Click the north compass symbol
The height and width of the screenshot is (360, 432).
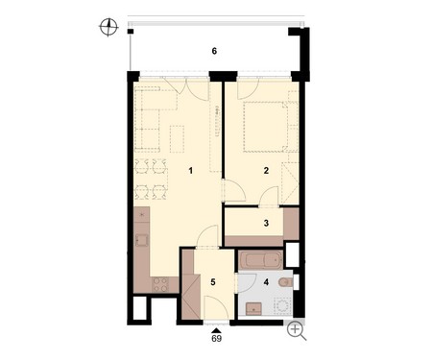pos(108,27)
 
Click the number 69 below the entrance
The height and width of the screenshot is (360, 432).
pos(217,339)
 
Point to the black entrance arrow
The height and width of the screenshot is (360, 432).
pos(217,330)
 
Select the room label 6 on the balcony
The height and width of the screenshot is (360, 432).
pos(214,51)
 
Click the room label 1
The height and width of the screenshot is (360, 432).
pos(191,171)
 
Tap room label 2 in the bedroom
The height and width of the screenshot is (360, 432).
pos(266,171)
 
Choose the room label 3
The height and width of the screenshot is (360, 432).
pos(266,223)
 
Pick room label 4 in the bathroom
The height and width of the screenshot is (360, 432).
pos(266,282)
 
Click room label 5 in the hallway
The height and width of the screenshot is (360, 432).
pos(213,282)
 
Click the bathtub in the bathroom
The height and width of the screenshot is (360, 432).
pos(260,260)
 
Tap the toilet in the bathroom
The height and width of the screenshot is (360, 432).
pos(284,282)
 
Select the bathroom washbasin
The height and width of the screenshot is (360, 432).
pos(253,309)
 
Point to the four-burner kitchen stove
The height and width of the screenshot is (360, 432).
pos(160,284)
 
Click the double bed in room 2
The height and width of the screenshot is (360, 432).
pos(266,127)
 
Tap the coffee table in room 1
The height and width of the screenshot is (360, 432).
pos(177,139)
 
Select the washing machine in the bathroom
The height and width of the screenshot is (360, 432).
pos(282,306)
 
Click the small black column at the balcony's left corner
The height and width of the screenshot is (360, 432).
pos(130,32)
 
